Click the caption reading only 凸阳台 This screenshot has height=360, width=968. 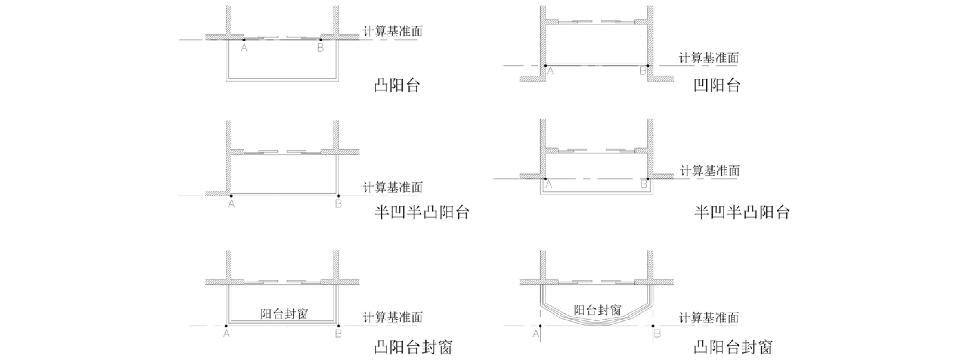397,85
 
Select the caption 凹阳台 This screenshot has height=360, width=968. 716,85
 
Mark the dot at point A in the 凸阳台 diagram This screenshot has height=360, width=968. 244,39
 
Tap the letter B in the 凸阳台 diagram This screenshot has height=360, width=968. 321,48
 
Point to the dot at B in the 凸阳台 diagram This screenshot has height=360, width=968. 321,39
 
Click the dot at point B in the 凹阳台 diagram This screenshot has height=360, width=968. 648,66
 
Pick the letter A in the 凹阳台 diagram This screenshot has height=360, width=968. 551,71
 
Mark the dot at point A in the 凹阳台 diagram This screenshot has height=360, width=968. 545,66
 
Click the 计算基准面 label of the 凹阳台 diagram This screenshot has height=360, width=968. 709,58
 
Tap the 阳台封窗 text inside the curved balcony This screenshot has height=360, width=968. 597,310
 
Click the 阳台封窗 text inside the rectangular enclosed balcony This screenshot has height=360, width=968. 284,314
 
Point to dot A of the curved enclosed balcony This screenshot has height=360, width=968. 540,326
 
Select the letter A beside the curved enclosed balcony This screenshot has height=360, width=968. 536,334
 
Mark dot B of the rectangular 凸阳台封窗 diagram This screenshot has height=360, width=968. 339,326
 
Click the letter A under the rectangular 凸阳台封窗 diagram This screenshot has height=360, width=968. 226,334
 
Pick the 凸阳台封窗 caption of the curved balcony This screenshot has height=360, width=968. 733,347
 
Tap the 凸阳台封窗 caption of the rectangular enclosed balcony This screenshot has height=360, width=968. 413,347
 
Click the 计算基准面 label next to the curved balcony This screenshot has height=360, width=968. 709,318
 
